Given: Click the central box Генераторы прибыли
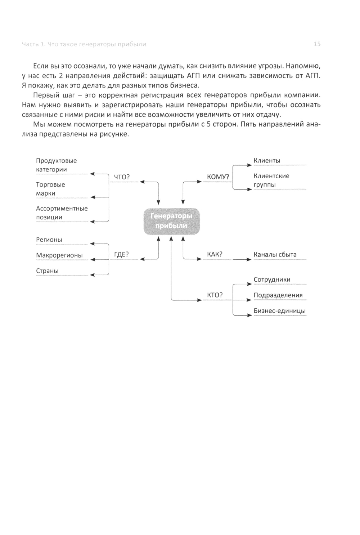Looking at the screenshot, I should click(171, 221).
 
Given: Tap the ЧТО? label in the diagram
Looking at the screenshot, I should click(121, 177).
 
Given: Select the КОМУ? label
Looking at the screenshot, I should click(218, 177).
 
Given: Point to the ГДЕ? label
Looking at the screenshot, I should click(121, 254).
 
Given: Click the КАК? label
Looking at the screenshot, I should click(215, 254).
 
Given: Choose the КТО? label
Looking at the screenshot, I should click(215, 295).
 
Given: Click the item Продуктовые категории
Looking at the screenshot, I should click(56, 165).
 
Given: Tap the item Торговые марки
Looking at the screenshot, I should click(50, 189).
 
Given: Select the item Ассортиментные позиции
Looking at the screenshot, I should click(62, 213).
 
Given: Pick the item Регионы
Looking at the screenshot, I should click(49, 240).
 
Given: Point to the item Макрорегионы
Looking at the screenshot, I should click(59, 255).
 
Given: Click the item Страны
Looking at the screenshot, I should click(47, 271).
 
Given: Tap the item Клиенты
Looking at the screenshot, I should click(267, 161).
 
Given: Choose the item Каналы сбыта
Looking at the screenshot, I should click(275, 254).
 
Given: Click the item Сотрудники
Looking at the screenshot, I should click(272, 280).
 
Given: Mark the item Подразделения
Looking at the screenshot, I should click(278, 295).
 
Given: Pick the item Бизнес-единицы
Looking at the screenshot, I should click(280, 311).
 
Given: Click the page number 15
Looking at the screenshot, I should click(317, 44).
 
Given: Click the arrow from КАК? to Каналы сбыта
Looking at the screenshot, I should click(242, 259).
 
